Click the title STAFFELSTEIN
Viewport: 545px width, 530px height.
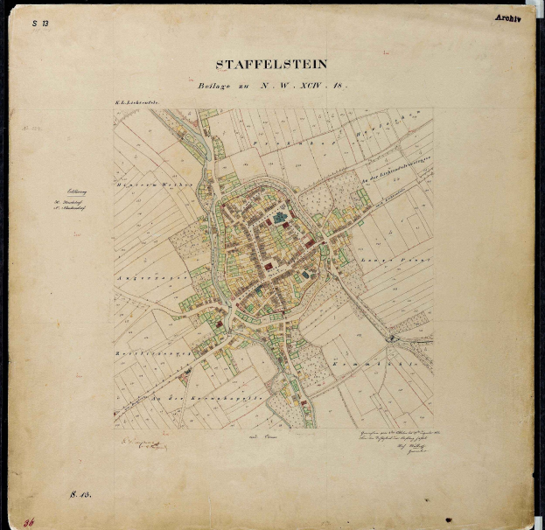[272, 64]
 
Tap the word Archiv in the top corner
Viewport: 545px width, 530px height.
[507, 17]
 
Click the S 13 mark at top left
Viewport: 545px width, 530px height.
[40, 24]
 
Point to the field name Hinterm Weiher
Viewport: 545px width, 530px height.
[144, 185]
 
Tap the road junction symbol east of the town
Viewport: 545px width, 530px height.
[395, 337]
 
